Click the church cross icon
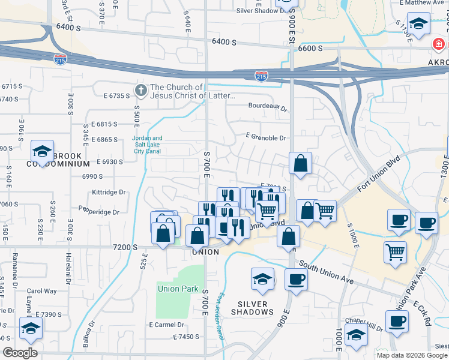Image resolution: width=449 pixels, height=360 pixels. [x=140, y=91]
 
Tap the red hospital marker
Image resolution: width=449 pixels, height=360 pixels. [x=438, y=44]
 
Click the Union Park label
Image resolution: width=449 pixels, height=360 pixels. [x=178, y=289]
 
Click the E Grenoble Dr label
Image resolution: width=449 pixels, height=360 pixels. [x=265, y=138]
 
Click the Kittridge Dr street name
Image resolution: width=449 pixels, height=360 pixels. [x=109, y=193]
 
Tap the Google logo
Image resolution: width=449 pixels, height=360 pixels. [x=20, y=353]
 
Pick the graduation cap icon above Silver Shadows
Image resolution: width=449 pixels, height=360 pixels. [x=262, y=278]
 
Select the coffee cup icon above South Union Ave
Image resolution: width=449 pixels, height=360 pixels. [x=295, y=278]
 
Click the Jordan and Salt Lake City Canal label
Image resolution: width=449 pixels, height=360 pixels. [x=147, y=142]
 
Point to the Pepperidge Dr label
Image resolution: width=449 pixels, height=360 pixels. [x=98, y=211]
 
